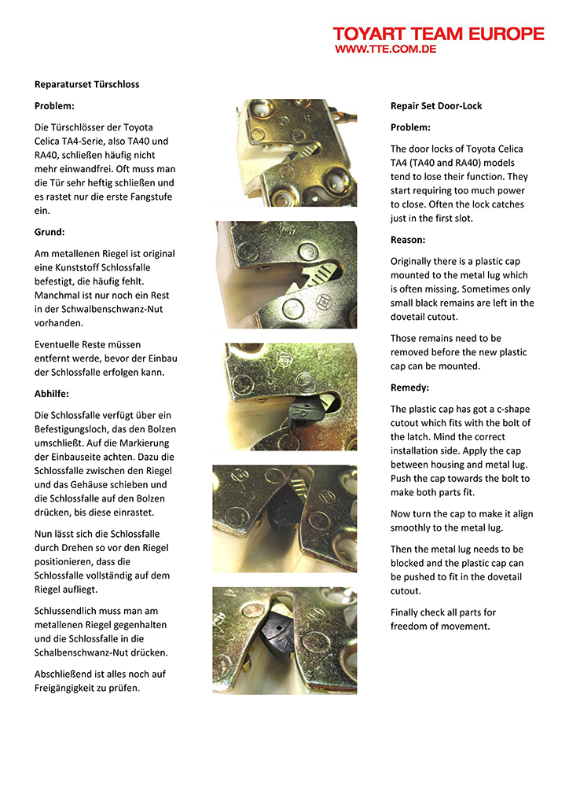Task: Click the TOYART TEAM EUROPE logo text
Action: [x=438, y=34]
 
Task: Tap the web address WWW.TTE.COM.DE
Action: [x=385, y=49]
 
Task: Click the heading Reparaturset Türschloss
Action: [x=86, y=84]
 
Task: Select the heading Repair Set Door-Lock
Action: [x=436, y=106]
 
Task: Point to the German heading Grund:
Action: [x=50, y=233]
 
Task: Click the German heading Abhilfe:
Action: [x=53, y=394]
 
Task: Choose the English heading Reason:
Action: [x=408, y=240]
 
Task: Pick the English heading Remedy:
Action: [x=409, y=388]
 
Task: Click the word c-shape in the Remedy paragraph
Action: [x=510, y=409]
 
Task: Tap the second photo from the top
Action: [x=285, y=274]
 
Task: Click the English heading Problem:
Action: [x=410, y=127]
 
